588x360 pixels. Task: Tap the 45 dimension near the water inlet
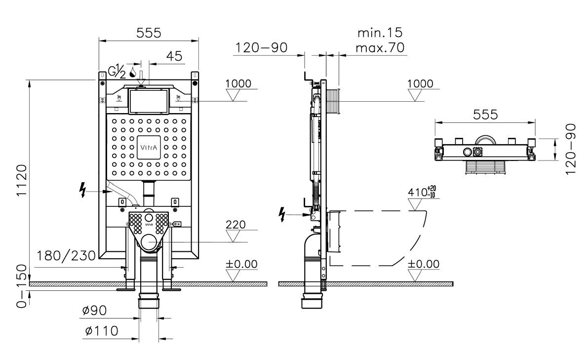(x=174, y=56)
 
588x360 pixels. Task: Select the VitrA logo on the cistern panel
(x=149, y=147)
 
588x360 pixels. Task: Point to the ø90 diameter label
(x=94, y=311)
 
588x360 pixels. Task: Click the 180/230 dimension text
(x=66, y=256)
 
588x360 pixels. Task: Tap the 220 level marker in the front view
(x=235, y=225)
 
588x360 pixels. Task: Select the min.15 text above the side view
(x=380, y=33)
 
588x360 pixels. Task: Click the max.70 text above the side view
(x=380, y=47)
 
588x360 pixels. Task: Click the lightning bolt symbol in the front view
(x=82, y=190)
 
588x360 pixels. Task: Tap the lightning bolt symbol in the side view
(x=282, y=214)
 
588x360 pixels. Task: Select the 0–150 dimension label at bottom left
(x=22, y=286)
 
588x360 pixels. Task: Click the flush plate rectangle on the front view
(x=149, y=101)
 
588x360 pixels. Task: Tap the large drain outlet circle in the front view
(x=150, y=242)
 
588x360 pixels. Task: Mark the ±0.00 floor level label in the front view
(x=241, y=264)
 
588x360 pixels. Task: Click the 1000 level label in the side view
(x=420, y=83)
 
